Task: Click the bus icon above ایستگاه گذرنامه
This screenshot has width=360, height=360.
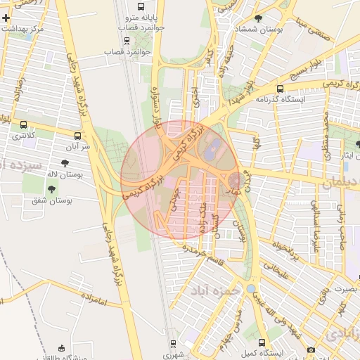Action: [281, 89]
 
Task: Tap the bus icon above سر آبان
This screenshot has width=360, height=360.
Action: [77, 135]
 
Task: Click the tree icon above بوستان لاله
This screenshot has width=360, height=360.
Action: [65, 162]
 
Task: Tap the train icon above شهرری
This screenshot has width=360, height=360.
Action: [173, 344]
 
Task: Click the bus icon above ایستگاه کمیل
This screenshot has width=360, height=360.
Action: [262, 342]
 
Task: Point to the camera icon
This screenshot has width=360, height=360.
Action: [311, 349]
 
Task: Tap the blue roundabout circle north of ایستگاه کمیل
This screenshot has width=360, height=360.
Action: [252, 288]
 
